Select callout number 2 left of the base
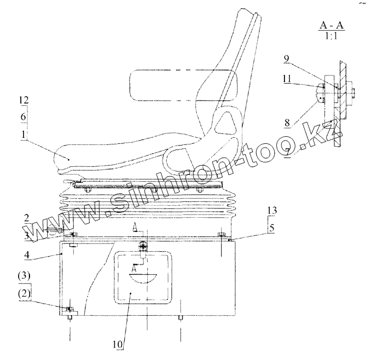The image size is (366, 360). coord(26,218)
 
